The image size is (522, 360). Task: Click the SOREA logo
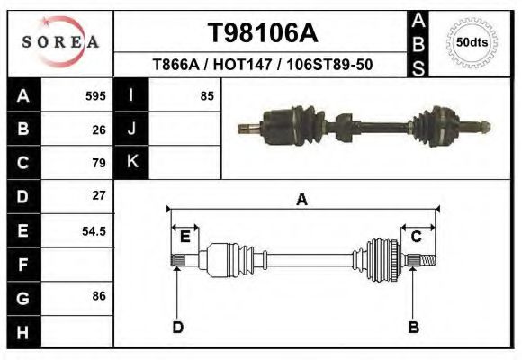tap(60, 42)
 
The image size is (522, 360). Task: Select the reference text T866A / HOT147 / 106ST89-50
tap(263, 65)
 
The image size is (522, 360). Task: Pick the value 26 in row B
tap(99, 130)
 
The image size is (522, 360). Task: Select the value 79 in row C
tap(99, 163)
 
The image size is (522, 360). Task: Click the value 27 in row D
tap(99, 195)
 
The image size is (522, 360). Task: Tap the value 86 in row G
tap(99, 295)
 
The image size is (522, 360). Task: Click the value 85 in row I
tap(206, 96)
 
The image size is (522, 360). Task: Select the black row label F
tap(22, 265)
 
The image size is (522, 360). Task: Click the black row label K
tap(131, 163)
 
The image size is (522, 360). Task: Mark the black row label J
tap(131, 130)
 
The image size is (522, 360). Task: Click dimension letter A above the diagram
tap(302, 200)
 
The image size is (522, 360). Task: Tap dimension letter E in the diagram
tap(184, 237)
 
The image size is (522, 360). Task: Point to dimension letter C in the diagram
tap(417, 237)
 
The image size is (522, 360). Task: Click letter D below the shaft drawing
tap(177, 327)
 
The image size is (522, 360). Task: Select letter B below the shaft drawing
tap(413, 327)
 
